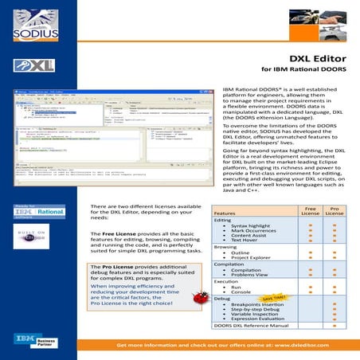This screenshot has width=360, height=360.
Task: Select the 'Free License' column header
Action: click(x=311, y=211)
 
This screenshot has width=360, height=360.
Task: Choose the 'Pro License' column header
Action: click(x=335, y=211)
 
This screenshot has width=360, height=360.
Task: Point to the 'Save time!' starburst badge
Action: click(x=283, y=296)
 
